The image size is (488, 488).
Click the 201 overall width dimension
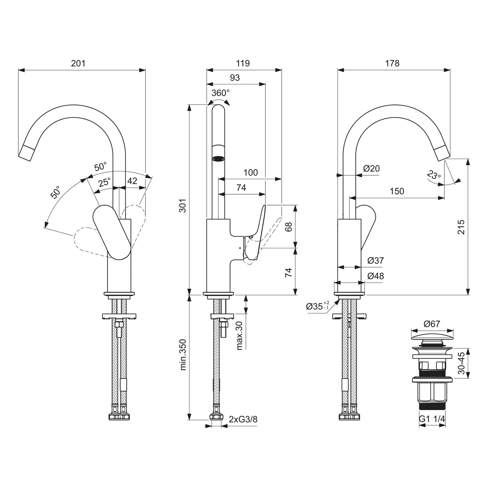tap(78, 63)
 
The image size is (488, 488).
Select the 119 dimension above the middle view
tap(243, 63)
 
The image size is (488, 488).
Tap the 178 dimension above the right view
tap(392, 63)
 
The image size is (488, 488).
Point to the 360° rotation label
tap(220, 93)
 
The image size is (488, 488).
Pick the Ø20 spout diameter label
tap(371, 169)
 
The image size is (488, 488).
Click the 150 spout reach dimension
tap(397, 191)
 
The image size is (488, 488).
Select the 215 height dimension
tap(461, 227)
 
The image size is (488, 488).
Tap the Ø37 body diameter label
tap(375, 261)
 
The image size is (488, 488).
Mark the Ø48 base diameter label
tap(375, 276)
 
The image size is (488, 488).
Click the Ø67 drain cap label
tap(432, 324)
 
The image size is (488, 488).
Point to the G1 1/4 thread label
tap(432, 419)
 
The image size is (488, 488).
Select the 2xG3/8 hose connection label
tap(243, 419)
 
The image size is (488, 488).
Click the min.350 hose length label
tap(183, 355)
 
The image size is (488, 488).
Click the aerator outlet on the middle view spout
tap(218, 159)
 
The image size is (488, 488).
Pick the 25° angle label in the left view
tap(105, 182)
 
